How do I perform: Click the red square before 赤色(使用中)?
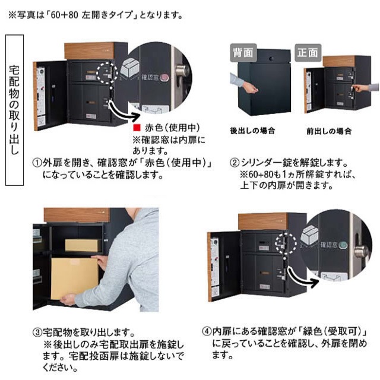pos(136,128)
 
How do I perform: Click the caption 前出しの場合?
pos(328,131)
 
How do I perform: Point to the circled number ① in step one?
pos(36,162)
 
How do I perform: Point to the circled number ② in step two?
pos(235,162)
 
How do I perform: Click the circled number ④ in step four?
pos(206,331)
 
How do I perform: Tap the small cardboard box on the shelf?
pos(78,244)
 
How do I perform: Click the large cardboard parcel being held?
pos(74,277)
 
